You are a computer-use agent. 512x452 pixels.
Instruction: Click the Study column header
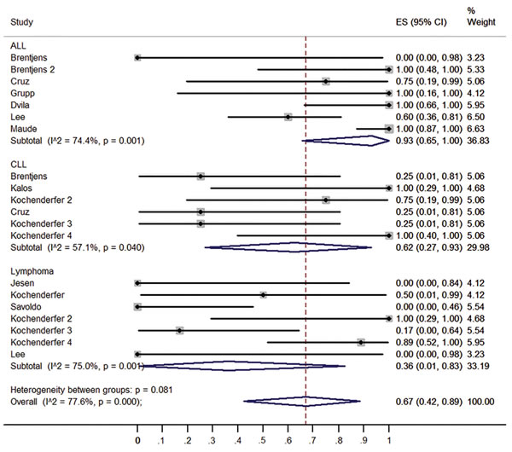tap(21, 22)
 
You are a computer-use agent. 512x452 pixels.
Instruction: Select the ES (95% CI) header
tap(421, 22)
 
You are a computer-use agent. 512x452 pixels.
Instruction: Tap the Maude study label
tap(24, 129)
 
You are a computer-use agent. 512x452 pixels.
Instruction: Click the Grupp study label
tap(22, 94)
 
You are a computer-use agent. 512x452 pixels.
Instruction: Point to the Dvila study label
tap(20, 105)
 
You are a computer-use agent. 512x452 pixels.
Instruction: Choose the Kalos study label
tap(21, 188)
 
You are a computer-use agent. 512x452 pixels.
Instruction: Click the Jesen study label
tap(22, 283)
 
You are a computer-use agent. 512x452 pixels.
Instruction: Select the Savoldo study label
tap(26, 307)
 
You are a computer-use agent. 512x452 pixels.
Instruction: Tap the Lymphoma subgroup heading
tap(32, 271)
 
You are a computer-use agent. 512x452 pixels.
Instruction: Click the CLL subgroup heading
tap(18, 165)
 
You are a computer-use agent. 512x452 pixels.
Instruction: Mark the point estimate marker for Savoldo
tap(137, 307)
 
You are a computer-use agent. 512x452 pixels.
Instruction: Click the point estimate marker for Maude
tap(388, 129)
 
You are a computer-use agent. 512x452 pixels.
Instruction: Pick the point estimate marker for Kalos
tap(388, 188)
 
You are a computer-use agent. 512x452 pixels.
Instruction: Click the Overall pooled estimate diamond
tap(302, 401)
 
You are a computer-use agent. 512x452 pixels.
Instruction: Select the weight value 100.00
tap(480, 402)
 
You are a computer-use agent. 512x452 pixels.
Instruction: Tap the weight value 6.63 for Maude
tap(476, 129)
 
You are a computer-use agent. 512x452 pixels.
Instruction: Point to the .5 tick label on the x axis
tap(262, 441)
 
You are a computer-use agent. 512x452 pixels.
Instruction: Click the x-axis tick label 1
tap(388, 441)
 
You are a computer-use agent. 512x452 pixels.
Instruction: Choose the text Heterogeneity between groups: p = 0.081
tap(91, 390)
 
